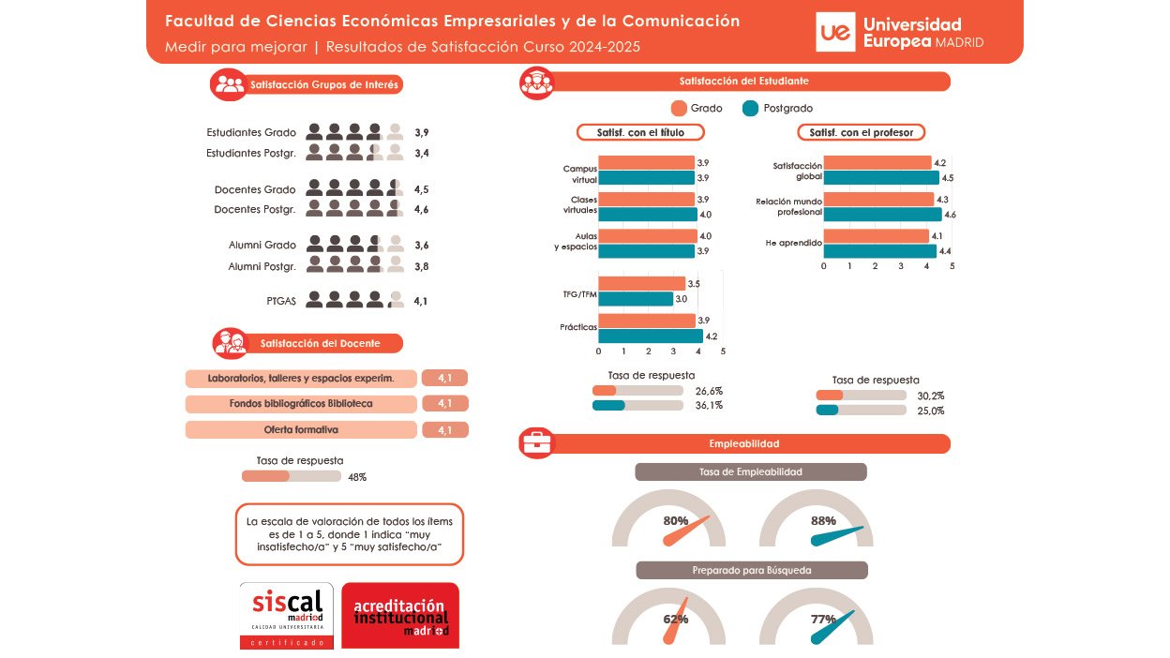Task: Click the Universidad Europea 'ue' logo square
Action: pos(835,33)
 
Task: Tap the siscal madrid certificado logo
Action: pos(287,615)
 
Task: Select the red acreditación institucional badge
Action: pos(400,615)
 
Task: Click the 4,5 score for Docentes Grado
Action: pos(421,189)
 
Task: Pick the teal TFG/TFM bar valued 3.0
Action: pos(636,299)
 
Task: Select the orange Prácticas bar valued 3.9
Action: pos(647,321)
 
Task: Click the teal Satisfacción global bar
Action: pos(881,178)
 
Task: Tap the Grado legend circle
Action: pos(681,108)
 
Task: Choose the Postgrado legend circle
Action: pos(750,108)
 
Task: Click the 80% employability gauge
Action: pos(668,526)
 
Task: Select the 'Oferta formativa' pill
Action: pos(301,429)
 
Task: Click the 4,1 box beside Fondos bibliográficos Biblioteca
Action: pos(444,404)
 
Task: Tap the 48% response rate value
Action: pos(357,477)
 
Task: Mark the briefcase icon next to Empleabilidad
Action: pos(537,442)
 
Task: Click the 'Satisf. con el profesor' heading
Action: pos(861,132)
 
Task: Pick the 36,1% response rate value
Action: pos(709,406)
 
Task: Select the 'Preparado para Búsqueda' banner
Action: pos(752,570)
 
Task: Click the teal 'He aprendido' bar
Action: pos(879,251)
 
